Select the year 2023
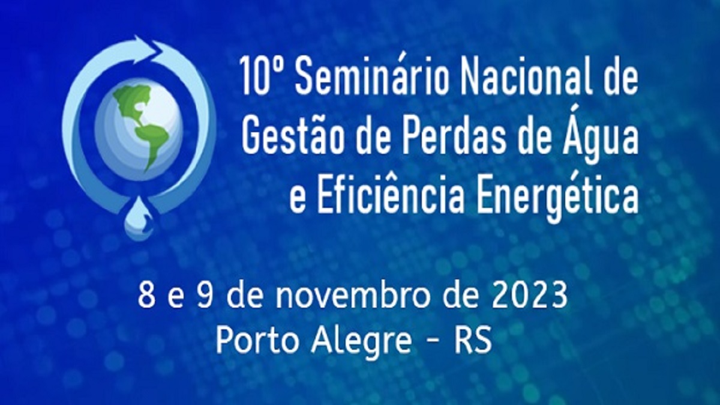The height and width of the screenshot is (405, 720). click(530, 296)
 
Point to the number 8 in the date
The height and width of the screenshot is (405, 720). click(146, 296)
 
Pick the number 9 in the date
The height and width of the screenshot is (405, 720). click(205, 296)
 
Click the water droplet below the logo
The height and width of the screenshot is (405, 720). click(139, 218)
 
